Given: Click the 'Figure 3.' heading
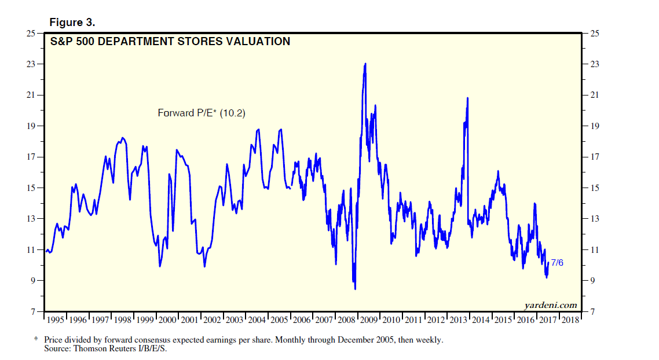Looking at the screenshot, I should coord(72,23).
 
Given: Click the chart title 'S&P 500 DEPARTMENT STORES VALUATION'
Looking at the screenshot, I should coord(170,42).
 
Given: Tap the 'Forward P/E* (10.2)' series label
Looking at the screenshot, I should coord(202,113).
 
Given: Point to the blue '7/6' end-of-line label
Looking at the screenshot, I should coord(557,263).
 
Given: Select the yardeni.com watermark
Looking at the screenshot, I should coord(550,305).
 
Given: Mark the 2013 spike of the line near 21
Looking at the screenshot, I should coord(467,98).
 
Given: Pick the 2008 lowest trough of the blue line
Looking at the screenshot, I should coord(355,288).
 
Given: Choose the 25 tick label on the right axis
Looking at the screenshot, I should coord(593,33).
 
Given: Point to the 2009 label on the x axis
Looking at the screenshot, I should coord(369,320).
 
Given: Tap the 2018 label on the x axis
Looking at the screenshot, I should coord(570,320).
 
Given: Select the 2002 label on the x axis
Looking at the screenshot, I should coord(213,320).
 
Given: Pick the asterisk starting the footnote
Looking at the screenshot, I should coord(36,340).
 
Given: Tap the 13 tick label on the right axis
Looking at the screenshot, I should coord(593,219).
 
